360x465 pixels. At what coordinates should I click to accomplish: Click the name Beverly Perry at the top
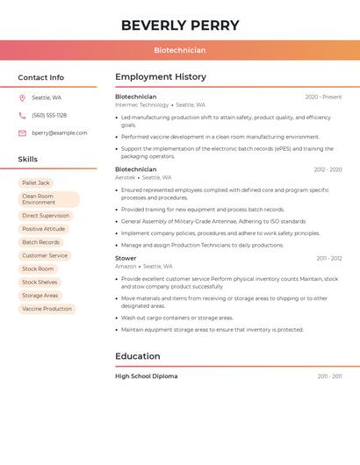coord(180,25)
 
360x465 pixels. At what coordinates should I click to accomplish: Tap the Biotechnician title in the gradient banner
coord(180,51)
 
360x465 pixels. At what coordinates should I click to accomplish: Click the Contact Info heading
coord(41,77)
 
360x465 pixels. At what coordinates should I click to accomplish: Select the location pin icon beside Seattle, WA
coord(22,97)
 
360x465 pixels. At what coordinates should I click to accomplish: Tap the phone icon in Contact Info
coord(22,115)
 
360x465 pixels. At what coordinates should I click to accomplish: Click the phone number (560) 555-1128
coord(49,115)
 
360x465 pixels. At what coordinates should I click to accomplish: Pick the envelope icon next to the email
coord(22,133)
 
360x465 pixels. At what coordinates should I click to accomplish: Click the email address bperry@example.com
coord(60,133)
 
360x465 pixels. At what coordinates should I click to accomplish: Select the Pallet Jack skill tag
coord(36,182)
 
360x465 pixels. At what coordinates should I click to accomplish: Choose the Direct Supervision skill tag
coord(46,216)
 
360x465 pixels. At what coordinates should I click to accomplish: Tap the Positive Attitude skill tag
coord(44,229)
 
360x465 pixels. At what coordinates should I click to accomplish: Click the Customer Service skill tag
coord(45,255)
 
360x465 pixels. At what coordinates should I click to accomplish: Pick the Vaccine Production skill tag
coord(47,309)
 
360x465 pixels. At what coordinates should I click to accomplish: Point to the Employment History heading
coord(161,77)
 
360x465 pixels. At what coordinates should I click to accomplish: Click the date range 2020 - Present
coord(323,97)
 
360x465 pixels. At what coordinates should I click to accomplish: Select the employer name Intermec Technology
coord(141,104)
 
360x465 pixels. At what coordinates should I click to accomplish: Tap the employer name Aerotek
coord(126,177)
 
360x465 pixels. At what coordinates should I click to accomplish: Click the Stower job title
coord(126,258)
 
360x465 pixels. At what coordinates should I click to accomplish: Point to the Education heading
coord(138,356)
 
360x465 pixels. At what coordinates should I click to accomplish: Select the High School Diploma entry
coord(146,376)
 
